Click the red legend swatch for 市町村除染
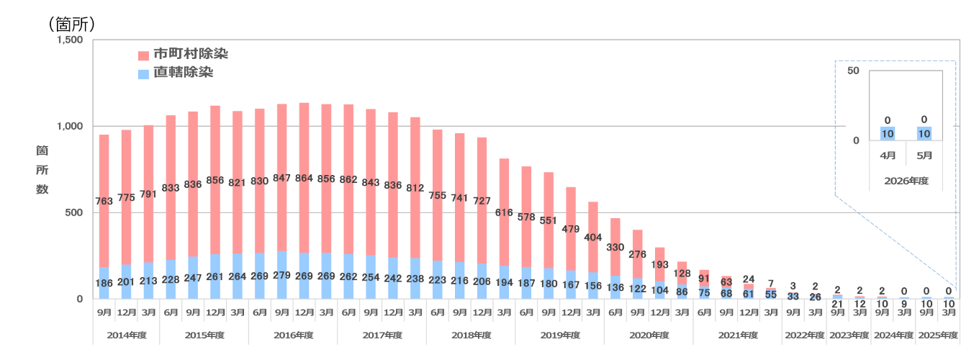coord(143,55)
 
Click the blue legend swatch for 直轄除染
coord(143,74)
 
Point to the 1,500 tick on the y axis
coord(70,40)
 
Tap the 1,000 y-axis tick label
coord(70,126)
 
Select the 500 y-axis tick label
coord(74,213)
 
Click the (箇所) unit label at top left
coord(72,24)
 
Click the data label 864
coord(304,179)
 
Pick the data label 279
coord(282,275)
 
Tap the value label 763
coord(104,202)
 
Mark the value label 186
coord(104,283)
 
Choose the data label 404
coord(592,238)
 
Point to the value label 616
coord(504,213)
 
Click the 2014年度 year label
coord(127,335)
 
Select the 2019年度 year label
coord(560,335)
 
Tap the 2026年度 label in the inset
coord(906,181)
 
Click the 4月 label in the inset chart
coord(888,156)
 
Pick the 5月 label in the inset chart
coord(924,156)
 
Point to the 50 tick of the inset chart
coord(853,71)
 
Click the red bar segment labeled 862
coord(348,179)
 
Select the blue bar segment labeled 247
coord(193,278)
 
